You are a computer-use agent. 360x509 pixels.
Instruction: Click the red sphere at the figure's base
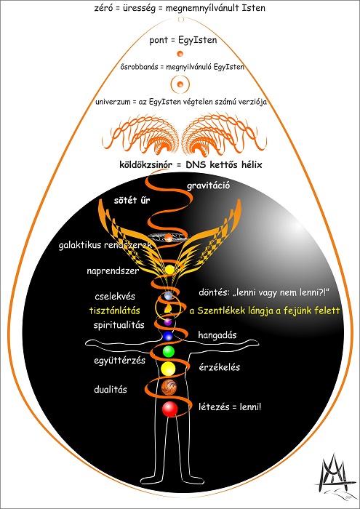169,409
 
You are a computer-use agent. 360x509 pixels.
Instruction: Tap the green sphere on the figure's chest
168,351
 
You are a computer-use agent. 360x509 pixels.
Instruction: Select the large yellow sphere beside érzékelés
168,369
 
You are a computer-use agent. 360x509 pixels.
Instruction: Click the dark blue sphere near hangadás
167,336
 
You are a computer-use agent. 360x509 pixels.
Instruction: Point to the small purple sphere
167,321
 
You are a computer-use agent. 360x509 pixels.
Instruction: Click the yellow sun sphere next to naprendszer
169,270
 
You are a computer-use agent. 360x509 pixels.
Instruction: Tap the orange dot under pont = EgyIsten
180,54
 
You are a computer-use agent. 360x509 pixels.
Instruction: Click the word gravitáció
209,186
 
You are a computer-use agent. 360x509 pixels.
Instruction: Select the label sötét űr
132,200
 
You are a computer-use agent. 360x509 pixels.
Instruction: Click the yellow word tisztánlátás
115,310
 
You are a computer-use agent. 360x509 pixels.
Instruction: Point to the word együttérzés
119,361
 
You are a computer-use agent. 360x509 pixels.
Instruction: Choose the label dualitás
111,389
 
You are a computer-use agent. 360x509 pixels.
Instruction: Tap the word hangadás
217,335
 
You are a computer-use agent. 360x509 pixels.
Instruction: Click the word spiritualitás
119,324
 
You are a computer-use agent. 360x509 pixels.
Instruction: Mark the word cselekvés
115,297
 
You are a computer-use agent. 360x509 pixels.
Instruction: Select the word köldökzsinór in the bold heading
145,164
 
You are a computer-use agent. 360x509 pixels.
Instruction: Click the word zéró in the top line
102,8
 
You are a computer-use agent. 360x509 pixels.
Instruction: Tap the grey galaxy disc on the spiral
169,238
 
